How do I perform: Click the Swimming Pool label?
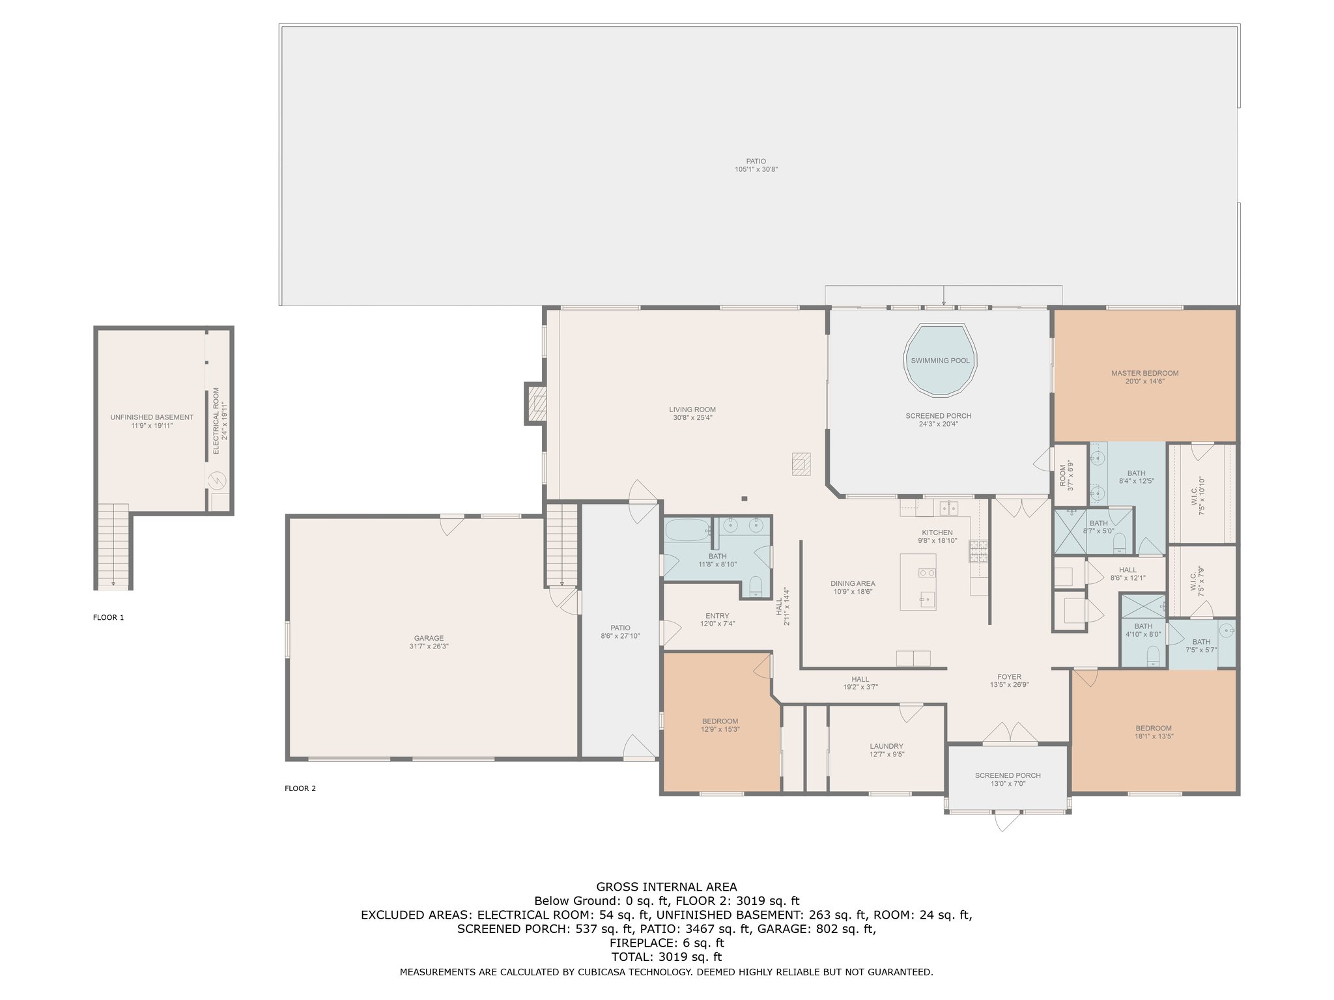tap(940, 361)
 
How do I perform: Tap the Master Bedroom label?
tap(1144, 374)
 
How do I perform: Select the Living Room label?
tap(692, 410)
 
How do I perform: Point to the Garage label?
tap(429, 639)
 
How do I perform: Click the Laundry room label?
tap(887, 746)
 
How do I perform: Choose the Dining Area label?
tap(853, 583)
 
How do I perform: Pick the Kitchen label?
tap(937, 533)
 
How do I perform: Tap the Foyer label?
tap(1010, 677)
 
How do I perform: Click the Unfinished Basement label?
tap(152, 417)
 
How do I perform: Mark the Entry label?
tap(717, 616)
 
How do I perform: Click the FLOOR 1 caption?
tap(108, 617)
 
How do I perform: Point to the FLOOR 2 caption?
tap(300, 788)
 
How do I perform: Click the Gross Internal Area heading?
tap(666, 887)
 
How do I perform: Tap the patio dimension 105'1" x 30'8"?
tap(756, 169)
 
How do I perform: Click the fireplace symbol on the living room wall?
tap(535, 404)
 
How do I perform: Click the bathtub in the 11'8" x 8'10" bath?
tap(688, 529)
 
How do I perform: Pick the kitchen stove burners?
tap(979, 551)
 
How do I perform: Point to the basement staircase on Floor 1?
tap(113, 547)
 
